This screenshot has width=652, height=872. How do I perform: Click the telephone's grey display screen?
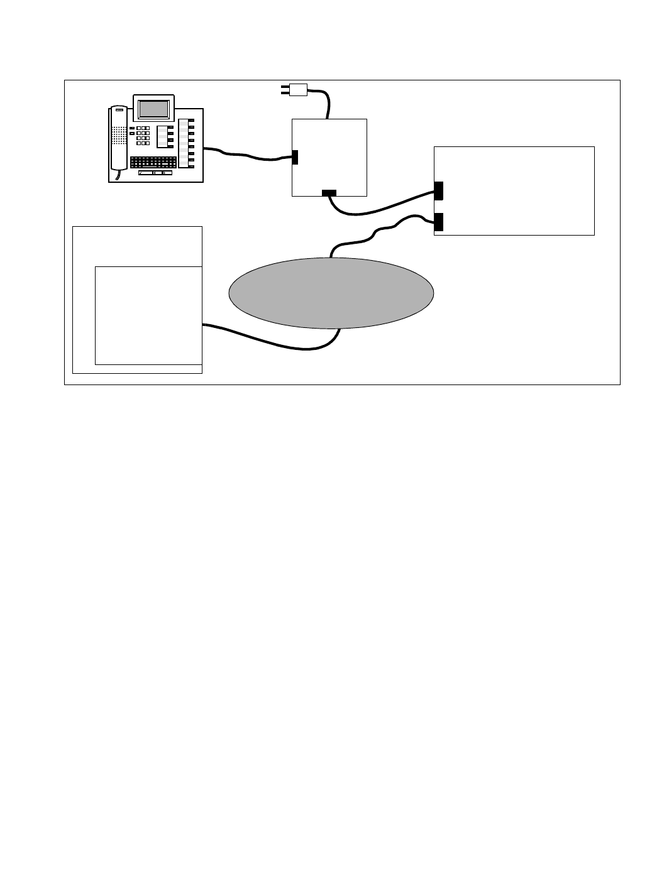click(x=153, y=109)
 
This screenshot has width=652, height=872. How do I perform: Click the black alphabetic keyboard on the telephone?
click(x=153, y=161)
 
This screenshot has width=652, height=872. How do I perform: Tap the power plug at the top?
click(x=296, y=90)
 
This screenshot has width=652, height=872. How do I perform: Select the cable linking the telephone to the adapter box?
click(x=251, y=156)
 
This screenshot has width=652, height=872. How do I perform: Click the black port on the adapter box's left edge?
click(x=295, y=157)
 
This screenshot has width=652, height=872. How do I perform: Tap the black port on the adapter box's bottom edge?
click(x=329, y=192)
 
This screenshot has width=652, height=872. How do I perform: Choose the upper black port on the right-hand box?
click(x=438, y=190)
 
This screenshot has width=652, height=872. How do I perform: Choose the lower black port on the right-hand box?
click(x=438, y=222)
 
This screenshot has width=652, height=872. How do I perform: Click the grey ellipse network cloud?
click(x=331, y=293)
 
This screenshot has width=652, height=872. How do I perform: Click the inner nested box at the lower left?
click(x=148, y=315)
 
